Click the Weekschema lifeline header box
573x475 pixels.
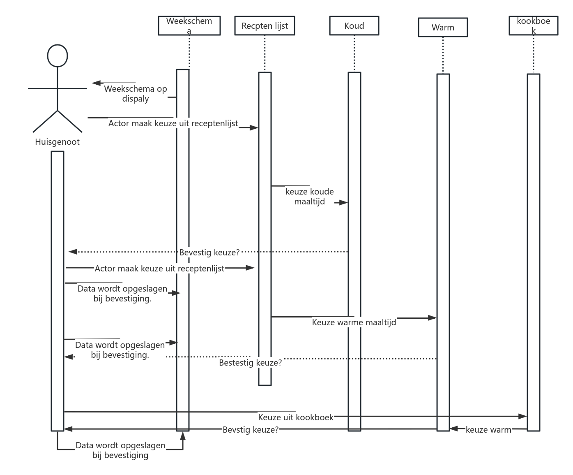coord(189,25)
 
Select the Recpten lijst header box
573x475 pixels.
coord(265,26)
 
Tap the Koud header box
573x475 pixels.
coord(354,26)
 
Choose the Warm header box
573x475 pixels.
coord(443,28)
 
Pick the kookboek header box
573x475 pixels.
coord(533,25)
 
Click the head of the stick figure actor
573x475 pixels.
coord(58,56)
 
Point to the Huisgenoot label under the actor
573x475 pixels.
coord(57,142)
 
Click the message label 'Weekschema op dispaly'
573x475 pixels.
coord(136,94)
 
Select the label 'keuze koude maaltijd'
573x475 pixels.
coord(310,197)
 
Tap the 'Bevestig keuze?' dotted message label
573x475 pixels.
coord(209,253)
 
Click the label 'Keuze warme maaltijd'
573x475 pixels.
coord(354,322)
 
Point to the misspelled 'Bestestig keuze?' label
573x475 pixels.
coord(250,363)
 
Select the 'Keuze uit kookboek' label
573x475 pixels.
coord(296,417)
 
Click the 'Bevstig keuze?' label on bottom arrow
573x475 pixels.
coord(251,430)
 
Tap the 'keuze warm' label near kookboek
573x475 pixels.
coord(488,430)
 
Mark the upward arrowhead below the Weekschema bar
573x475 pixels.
coord(183,436)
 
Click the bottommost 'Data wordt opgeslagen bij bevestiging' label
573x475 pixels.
coord(120,450)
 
